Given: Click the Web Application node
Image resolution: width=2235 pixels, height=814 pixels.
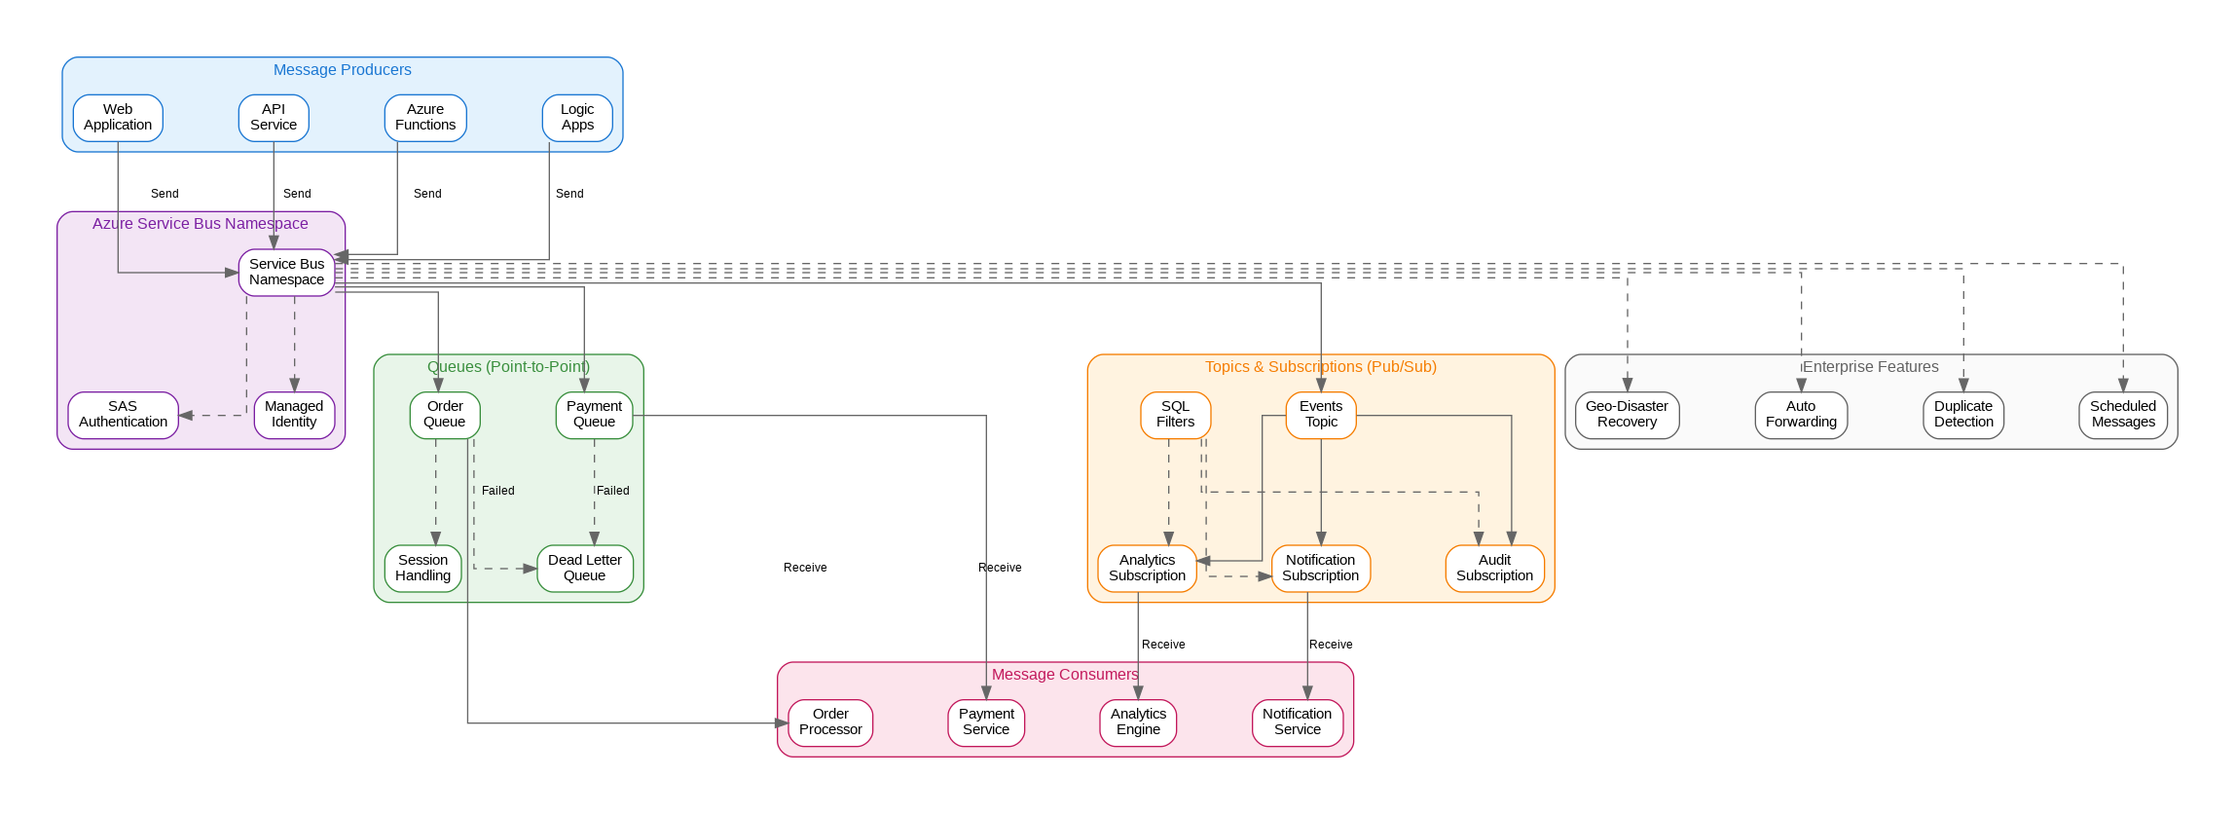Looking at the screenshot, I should (118, 118).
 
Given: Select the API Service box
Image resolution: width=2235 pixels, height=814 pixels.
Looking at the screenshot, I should (274, 118).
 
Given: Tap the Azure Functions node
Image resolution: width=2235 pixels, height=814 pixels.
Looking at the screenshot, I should (425, 118).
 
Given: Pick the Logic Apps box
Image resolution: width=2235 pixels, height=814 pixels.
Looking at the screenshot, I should (577, 118).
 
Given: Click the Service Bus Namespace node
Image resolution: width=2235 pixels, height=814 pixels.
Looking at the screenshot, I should (286, 272).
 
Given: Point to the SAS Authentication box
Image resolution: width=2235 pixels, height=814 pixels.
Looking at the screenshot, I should (123, 415).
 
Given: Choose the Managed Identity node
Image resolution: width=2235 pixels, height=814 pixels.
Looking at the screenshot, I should (294, 415).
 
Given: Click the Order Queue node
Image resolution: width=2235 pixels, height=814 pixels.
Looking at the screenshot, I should (445, 415).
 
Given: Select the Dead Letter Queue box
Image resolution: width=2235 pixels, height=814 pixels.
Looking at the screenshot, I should (585, 569).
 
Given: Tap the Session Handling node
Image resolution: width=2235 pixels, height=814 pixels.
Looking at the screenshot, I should (423, 569).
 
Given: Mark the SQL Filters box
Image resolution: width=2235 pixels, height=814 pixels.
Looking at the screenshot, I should (1175, 415).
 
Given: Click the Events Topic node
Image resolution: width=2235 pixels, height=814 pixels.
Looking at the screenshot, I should (1321, 415).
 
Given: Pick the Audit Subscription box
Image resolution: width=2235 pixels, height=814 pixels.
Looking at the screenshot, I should (1494, 569).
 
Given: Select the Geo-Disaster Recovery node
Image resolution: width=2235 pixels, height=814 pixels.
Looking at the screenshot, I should (1627, 415).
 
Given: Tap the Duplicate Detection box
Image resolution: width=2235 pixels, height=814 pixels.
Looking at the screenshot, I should (1963, 415).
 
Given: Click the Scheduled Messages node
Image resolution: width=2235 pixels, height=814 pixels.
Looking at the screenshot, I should (2123, 415).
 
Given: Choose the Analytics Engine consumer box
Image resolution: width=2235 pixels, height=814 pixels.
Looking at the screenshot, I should (1138, 722).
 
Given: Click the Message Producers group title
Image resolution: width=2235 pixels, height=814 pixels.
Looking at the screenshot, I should (343, 70).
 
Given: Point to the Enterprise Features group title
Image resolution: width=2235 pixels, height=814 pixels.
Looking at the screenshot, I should (1871, 367).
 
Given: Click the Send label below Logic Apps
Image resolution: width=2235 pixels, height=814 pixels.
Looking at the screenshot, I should (569, 194).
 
